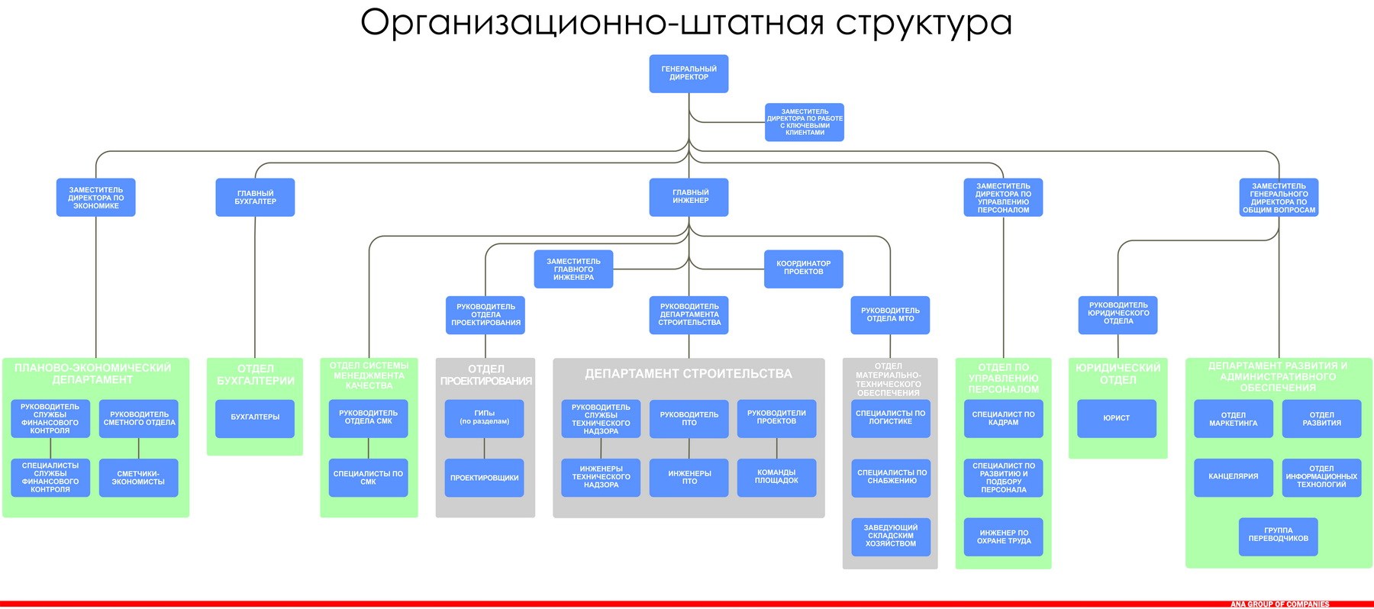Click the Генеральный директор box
click(x=689, y=73)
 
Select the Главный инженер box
click(x=689, y=197)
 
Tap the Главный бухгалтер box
click(x=255, y=197)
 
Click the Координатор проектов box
click(x=803, y=268)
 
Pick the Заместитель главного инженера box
click(x=573, y=269)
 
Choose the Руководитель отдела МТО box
click(x=890, y=314)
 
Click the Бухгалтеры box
click(x=255, y=417)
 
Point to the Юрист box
click(x=1117, y=418)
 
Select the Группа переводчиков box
click(x=1278, y=535)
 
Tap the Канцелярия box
click(x=1233, y=477)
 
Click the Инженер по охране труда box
click(x=1003, y=537)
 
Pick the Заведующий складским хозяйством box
click(x=890, y=536)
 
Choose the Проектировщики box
click(x=484, y=478)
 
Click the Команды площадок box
click(x=776, y=477)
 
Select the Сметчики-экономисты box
click(x=138, y=478)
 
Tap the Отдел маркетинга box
click(x=1233, y=419)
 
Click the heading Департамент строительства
click(x=689, y=374)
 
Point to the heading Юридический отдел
click(x=1118, y=374)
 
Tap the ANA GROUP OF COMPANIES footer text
click(x=1279, y=604)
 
